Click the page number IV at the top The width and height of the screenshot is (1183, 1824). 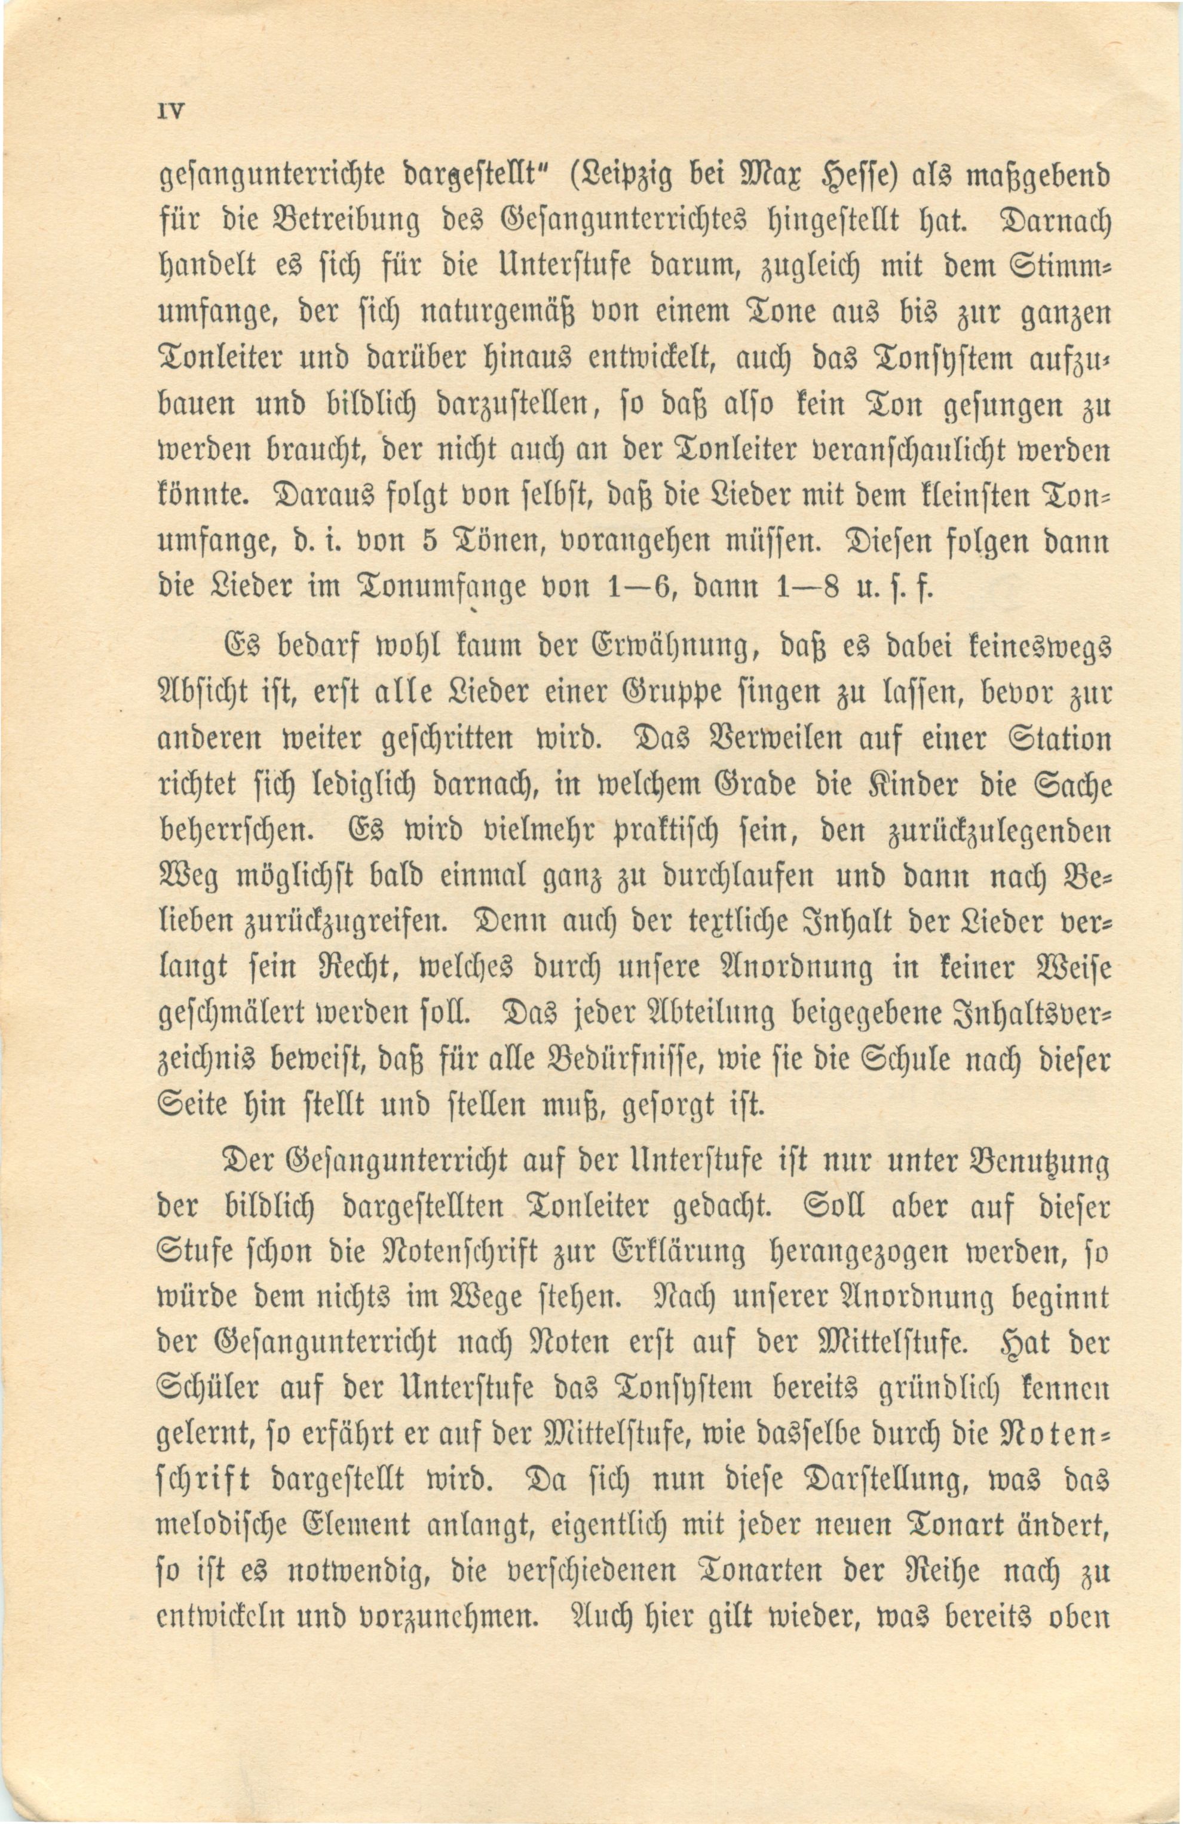coord(167,111)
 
